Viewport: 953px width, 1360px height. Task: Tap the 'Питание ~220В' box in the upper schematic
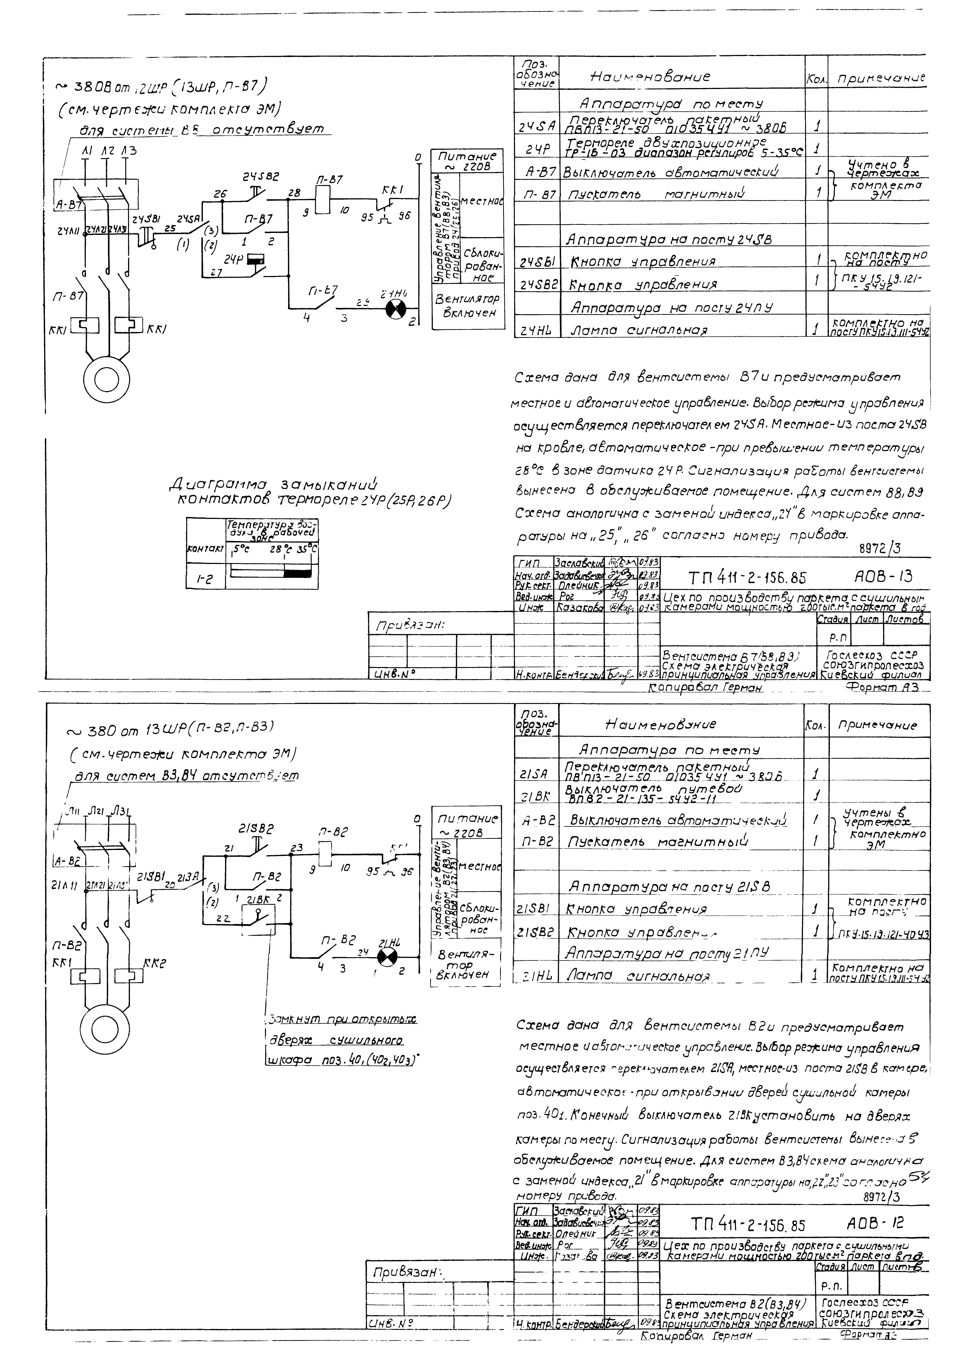467,161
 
